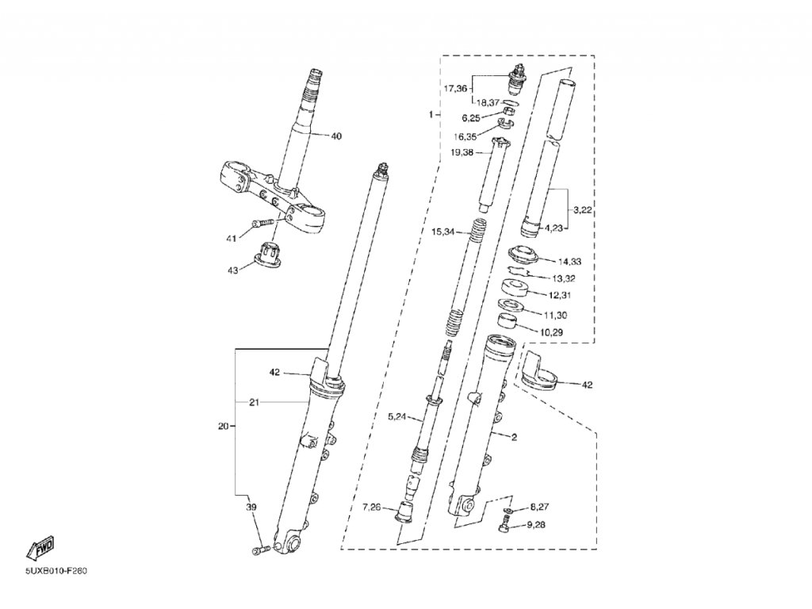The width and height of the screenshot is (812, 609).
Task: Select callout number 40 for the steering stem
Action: [335, 136]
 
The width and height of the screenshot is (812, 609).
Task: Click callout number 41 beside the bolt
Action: [231, 237]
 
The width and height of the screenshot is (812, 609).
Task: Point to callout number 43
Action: [232, 270]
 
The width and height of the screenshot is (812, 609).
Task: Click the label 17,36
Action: [455, 88]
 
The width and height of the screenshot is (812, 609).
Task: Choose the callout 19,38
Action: [462, 153]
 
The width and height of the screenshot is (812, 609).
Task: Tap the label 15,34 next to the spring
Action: [443, 232]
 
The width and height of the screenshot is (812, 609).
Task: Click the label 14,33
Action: [569, 261]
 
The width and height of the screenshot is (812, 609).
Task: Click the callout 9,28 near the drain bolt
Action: [537, 525]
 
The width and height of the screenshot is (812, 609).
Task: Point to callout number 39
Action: [251, 507]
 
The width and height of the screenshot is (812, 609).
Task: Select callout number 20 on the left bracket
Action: [223, 427]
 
